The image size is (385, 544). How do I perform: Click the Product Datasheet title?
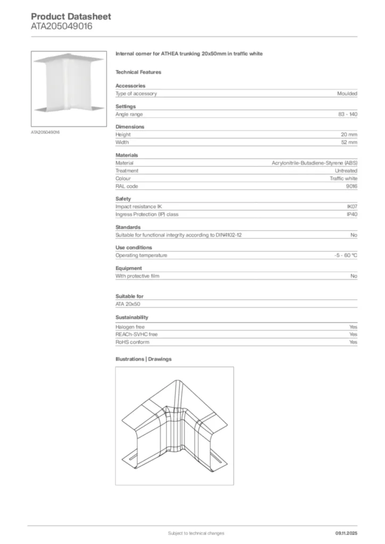click(71, 16)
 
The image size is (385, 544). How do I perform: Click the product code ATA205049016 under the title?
click(61, 26)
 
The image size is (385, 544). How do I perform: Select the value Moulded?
click(347, 93)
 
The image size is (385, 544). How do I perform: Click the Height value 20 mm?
click(349, 135)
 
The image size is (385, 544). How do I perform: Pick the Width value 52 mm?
click(349, 142)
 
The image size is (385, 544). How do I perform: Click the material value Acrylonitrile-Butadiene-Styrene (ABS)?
click(314, 163)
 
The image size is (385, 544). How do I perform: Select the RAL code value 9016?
click(351, 186)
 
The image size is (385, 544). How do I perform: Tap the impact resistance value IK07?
click(351, 207)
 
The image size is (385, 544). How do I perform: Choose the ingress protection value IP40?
click(351, 215)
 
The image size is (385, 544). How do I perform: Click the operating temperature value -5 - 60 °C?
click(342, 256)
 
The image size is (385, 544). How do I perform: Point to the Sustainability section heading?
click(132, 317)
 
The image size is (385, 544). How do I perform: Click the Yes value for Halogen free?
click(353, 327)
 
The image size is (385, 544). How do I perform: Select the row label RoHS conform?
click(132, 342)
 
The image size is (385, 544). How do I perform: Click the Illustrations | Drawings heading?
click(144, 359)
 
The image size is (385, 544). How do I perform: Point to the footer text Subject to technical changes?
click(196, 533)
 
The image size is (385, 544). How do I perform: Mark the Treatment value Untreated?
click(346, 171)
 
